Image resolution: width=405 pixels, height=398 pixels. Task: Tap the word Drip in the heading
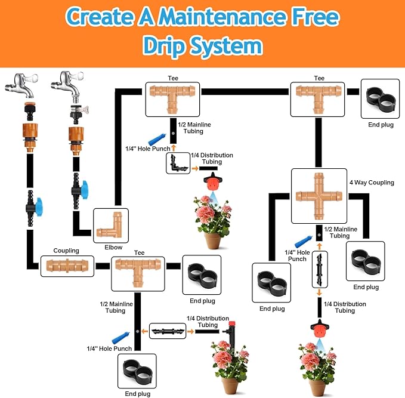pyautogui.click(x=169, y=46)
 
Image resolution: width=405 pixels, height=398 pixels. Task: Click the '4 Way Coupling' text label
pyautogui.click(x=371, y=183)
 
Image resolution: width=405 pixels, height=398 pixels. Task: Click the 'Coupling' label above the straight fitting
pyautogui.click(x=66, y=251)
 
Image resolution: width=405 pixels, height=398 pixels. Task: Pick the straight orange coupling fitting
pyautogui.click(x=67, y=266)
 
